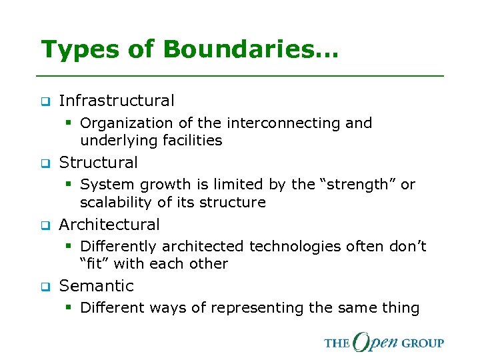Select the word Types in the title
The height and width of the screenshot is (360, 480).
coord(78,49)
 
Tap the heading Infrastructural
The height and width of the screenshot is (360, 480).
coord(117,101)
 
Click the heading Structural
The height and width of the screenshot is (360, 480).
coord(99,163)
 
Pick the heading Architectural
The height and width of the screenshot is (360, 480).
coord(109,225)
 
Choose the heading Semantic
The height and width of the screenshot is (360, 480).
coord(97,286)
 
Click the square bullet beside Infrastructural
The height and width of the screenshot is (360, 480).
coord(45,102)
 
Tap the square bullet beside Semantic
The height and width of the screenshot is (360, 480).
coord(45,287)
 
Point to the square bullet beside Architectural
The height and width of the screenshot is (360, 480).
coord(45,225)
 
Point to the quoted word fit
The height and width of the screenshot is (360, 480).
coord(95,263)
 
